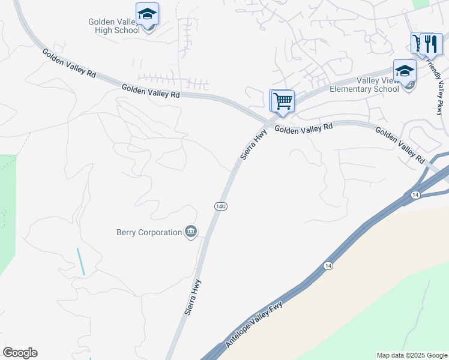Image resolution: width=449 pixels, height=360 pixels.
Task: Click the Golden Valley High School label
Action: click(x=114, y=26)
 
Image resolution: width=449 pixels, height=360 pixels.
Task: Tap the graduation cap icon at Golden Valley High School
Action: click(x=147, y=13)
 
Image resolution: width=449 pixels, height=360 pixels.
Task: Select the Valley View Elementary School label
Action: click(x=364, y=85)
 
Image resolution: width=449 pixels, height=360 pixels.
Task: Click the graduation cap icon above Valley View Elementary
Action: click(x=405, y=70)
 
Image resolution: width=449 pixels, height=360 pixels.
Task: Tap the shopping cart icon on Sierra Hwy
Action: click(x=283, y=100)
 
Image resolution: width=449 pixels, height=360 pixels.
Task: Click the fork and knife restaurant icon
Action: click(x=431, y=44)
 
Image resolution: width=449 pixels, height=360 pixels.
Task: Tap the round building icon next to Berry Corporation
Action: click(x=191, y=232)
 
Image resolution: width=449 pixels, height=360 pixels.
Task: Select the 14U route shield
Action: click(x=221, y=206)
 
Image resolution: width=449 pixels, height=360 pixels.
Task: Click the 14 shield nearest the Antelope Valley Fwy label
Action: click(x=327, y=265)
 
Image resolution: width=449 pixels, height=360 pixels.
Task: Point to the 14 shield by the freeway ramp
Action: click(x=415, y=195)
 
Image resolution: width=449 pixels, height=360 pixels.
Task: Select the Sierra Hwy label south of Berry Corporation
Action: click(x=193, y=297)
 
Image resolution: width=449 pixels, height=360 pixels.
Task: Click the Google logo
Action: click(x=20, y=353)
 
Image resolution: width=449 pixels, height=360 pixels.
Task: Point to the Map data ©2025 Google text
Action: click(x=411, y=355)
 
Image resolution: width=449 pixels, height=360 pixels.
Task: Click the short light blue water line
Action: click(x=80, y=262)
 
